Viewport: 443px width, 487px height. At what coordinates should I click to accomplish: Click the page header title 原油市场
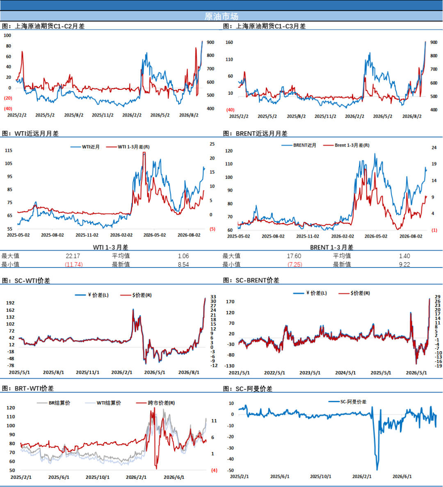pos(221,16)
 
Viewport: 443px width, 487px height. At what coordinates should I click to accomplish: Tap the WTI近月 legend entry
pos(85,147)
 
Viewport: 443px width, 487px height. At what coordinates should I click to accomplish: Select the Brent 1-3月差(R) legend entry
pos(346,145)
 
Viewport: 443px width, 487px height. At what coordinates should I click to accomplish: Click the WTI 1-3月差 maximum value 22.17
pos(73,256)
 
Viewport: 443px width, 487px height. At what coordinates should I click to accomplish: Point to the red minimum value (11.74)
pos(73,264)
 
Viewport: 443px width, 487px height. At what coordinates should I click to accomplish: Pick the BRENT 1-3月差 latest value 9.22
pos(404,264)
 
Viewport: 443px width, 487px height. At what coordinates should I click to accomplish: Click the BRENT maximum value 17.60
pos(294,256)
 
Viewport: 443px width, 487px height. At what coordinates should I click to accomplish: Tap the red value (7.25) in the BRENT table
pos(295,264)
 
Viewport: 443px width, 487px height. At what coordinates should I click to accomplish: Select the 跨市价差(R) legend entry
pos(155,403)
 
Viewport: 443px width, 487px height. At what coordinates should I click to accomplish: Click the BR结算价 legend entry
pos(53,403)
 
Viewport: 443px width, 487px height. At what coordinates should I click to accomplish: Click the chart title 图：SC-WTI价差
pos(26,281)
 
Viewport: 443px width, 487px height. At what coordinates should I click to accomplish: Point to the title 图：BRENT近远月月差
pos(255,133)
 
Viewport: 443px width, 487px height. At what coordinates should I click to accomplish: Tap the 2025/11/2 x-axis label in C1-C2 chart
pos(103,115)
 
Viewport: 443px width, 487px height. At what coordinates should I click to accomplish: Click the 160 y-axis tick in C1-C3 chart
pos(229,42)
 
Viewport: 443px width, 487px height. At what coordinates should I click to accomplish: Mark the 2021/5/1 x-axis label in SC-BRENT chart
pos(239,373)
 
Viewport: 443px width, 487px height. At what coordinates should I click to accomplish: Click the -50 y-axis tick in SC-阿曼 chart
pos(231,470)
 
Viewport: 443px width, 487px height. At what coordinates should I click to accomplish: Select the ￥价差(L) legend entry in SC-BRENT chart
pos(310,293)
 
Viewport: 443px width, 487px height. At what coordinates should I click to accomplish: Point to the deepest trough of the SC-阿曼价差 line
pos(377,470)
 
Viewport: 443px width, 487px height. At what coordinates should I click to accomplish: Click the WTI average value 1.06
pos(183,256)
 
